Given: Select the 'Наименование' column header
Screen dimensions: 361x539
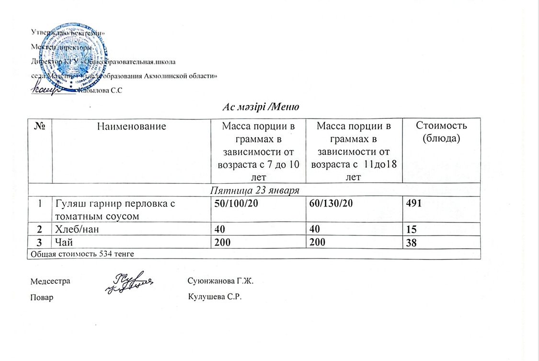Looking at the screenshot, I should click(131, 127).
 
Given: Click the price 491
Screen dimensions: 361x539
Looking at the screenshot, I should click(414, 204).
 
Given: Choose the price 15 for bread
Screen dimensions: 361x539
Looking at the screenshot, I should click(412, 230).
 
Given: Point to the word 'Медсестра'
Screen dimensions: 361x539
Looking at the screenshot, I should click(50, 281).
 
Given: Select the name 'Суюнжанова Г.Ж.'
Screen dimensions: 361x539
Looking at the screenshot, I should click(221, 281).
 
